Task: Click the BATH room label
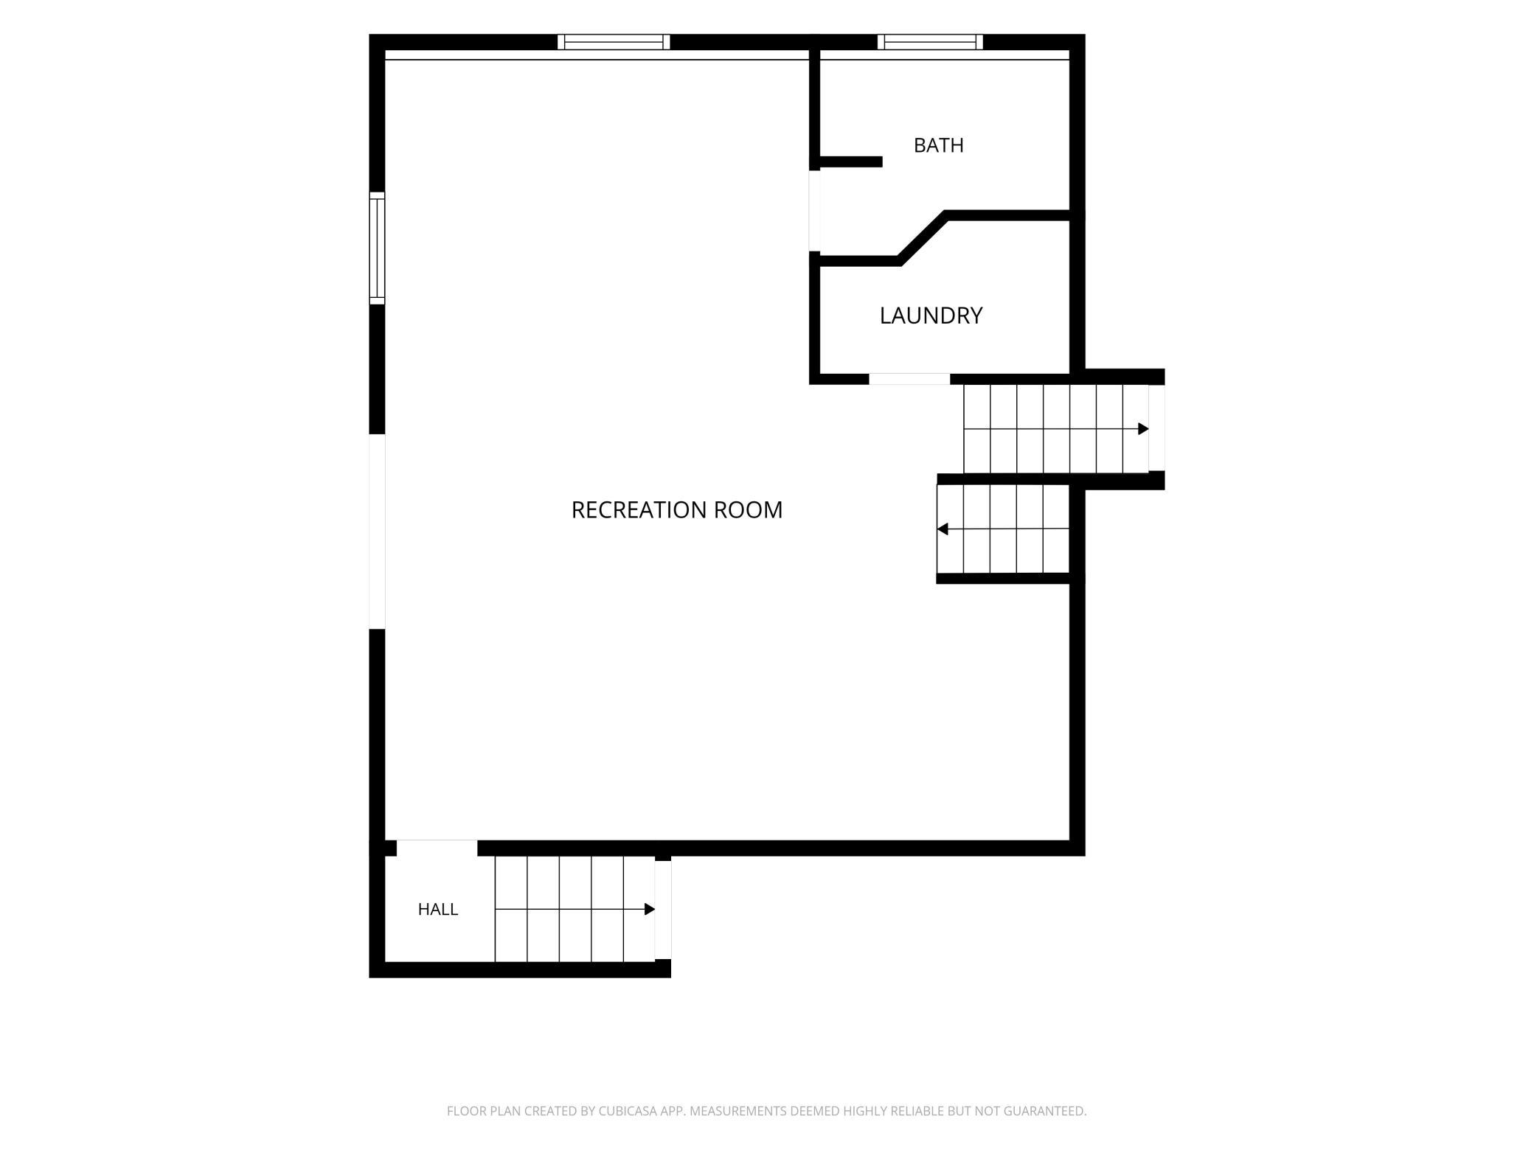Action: (x=938, y=145)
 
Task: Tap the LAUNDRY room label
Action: (x=931, y=316)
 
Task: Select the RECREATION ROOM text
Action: (x=677, y=509)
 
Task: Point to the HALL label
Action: (x=438, y=909)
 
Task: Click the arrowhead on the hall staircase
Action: (x=650, y=909)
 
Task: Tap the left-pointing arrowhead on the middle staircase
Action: (x=943, y=529)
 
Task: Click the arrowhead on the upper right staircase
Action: (x=1143, y=428)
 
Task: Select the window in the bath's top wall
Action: (x=930, y=42)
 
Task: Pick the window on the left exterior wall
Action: (x=377, y=248)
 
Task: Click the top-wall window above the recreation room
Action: (x=614, y=42)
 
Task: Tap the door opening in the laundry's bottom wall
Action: (x=909, y=379)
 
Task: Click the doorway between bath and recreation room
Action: (x=815, y=211)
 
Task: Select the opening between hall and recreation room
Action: (x=437, y=848)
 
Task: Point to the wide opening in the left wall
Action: (x=377, y=532)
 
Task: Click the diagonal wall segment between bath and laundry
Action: (x=922, y=237)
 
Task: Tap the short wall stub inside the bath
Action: (x=851, y=161)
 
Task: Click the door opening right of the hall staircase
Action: (x=663, y=910)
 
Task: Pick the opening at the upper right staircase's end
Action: (x=1156, y=428)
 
